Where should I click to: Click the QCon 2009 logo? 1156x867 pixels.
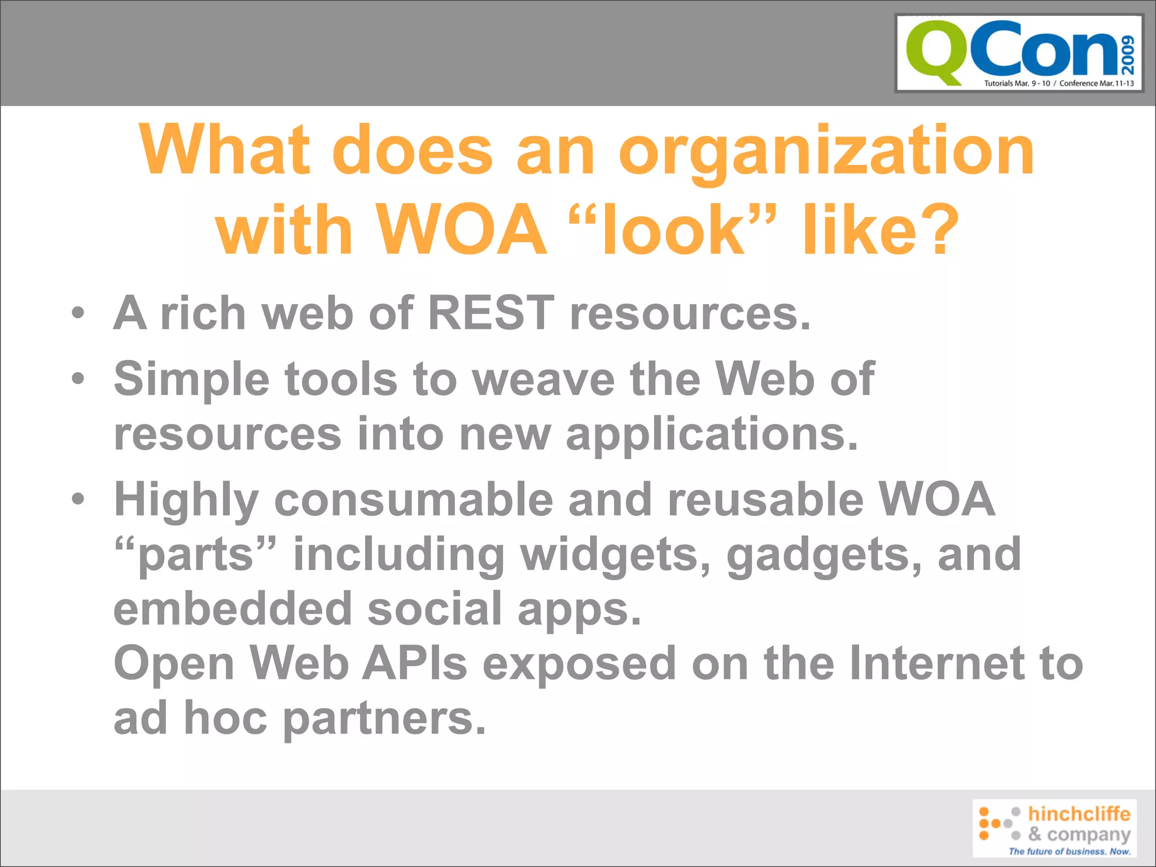[1019, 53]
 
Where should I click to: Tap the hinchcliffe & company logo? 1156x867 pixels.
[1054, 827]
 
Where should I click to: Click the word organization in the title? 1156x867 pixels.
[826, 151]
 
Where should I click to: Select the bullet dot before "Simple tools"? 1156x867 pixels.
[78, 378]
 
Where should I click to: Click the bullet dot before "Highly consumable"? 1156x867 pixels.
[78, 499]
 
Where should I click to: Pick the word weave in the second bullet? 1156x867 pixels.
[544, 379]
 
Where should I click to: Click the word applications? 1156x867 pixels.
[712, 435]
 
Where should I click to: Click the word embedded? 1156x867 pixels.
[233, 610]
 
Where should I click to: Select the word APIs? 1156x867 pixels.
[415, 664]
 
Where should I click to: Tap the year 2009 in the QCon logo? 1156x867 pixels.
[1128, 55]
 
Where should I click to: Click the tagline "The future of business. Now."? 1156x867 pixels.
[1070, 851]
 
